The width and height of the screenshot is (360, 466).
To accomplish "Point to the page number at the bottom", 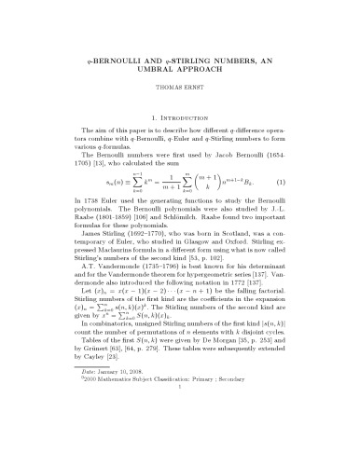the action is click(x=179, y=465).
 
